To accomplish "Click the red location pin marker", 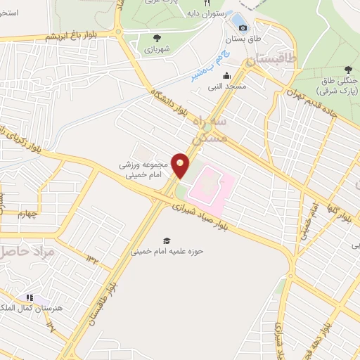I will pyautogui.click(x=181, y=165).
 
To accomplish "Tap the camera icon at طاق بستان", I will pyautogui.click(x=243, y=27).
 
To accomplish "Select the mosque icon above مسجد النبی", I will pyautogui.click(x=226, y=76).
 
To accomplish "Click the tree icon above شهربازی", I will pyautogui.click(x=157, y=38).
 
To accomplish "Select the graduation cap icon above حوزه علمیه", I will pyautogui.click(x=167, y=240).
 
